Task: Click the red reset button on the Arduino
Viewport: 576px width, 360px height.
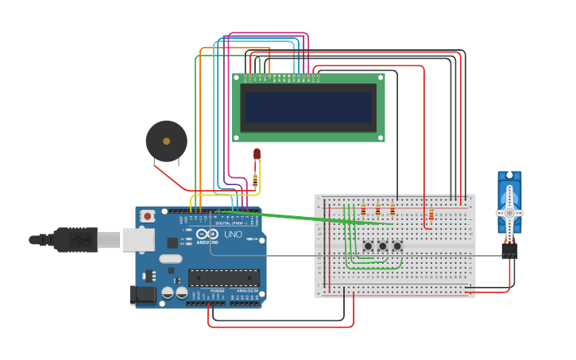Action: (148, 215)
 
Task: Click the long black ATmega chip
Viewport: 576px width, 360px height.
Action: (223, 277)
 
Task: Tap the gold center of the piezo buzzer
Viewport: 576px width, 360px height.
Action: (166, 141)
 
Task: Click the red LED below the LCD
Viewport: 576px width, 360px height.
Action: (257, 154)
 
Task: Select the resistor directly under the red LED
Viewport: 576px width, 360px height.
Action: (255, 180)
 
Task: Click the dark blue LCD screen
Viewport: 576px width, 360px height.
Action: (308, 107)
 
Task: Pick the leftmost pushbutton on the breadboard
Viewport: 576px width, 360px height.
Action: (368, 246)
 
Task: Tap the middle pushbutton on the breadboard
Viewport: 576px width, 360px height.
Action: (382, 246)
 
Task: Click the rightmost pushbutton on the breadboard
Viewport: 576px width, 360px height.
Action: (397, 246)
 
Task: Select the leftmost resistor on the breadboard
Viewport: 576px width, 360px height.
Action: (363, 210)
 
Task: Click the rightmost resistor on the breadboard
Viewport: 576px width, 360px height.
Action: (431, 214)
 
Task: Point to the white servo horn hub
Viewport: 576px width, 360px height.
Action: (509, 213)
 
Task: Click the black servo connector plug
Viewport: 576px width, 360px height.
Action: (509, 250)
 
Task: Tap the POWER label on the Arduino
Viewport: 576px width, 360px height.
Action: (218, 291)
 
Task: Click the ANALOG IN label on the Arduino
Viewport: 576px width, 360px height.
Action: (245, 291)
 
